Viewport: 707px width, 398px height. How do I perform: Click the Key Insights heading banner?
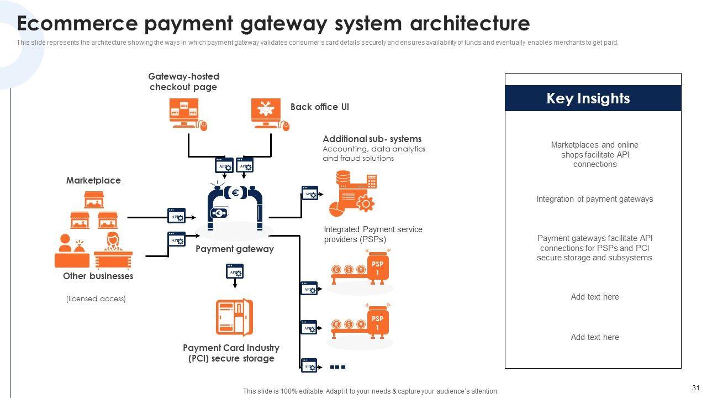[593, 98]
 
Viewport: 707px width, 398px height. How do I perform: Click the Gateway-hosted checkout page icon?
[186, 114]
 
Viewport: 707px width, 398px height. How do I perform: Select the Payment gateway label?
[234, 249]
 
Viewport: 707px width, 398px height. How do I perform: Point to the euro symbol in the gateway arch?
[235, 193]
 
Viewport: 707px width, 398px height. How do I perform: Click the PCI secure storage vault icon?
[234, 317]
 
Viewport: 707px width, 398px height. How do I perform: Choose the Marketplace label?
[93, 181]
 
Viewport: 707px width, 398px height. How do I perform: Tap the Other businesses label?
[98, 276]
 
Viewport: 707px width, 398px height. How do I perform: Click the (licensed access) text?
[96, 299]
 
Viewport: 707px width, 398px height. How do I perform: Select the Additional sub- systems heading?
[372, 139]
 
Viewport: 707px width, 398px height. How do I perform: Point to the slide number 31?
[695, 388]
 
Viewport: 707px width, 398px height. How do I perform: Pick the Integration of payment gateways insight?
[594, 199]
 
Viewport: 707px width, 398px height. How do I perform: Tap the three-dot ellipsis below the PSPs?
[337, 366]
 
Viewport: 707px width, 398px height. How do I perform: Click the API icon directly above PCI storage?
[235, 271]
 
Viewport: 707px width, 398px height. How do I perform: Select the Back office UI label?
[319, 107]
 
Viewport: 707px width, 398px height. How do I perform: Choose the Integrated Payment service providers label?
[373, 234]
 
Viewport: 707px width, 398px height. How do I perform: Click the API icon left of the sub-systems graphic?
[310, 193]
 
